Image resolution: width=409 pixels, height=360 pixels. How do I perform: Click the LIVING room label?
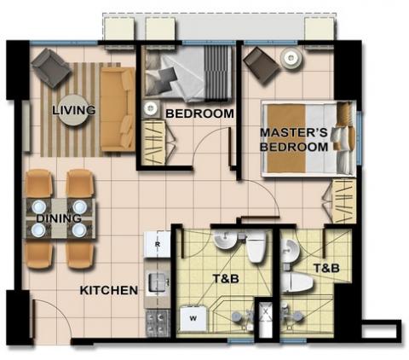click(74, 110)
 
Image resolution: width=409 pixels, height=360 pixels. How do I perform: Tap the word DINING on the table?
click(59, 218)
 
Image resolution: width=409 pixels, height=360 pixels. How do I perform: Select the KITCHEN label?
click(109, 290)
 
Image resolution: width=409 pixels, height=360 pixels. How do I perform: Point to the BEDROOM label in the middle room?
click(199, 113)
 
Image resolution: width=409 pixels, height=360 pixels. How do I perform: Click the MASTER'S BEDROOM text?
click(294, 140)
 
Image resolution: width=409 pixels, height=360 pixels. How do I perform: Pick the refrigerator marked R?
click(157, 244)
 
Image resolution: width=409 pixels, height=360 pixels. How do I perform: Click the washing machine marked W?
click(193, 318)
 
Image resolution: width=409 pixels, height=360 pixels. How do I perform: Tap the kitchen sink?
click(158, 282)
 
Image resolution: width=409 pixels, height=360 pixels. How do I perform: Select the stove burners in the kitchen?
click(158, 323)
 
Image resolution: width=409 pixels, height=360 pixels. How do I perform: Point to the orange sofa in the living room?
click(118, 109)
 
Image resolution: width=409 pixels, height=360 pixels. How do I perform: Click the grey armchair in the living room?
click(50, 67)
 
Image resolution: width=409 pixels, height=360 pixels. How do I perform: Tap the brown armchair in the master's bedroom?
click(262, 66)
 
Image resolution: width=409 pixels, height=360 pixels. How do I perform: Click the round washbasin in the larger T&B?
click(226, 241)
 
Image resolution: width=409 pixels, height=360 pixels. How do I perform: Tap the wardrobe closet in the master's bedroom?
click(344, 201)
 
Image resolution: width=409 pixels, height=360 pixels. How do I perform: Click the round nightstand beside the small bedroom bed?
click(151, 108)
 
